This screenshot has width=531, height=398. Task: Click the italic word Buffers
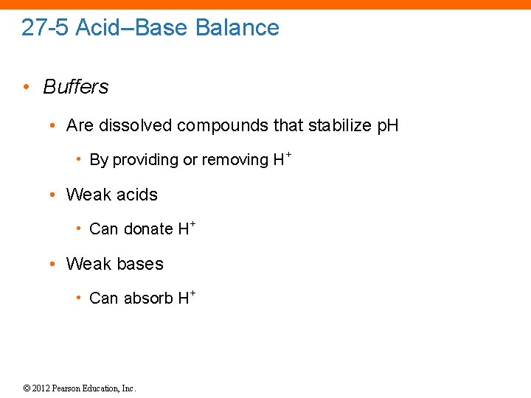pos(76,87)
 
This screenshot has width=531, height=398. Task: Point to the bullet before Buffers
pos(27,87)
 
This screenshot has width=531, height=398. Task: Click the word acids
pos(133,195)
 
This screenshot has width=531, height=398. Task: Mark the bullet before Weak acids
pos(53,195)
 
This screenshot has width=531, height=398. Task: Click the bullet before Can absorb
pos(78,298)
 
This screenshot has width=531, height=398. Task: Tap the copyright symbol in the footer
pos(27,388)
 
